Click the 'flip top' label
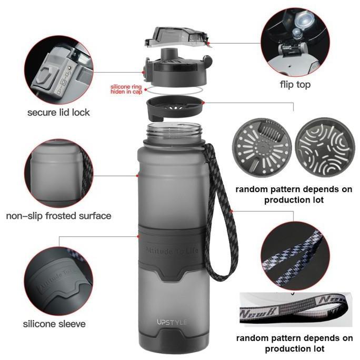tap(295, 85)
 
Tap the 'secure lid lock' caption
tap(58, 112)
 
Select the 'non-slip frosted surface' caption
tap(58, 216)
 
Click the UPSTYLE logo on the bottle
tap(172, 322)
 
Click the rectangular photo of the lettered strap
tap(295, 311)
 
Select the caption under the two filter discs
tap(294, 194)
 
